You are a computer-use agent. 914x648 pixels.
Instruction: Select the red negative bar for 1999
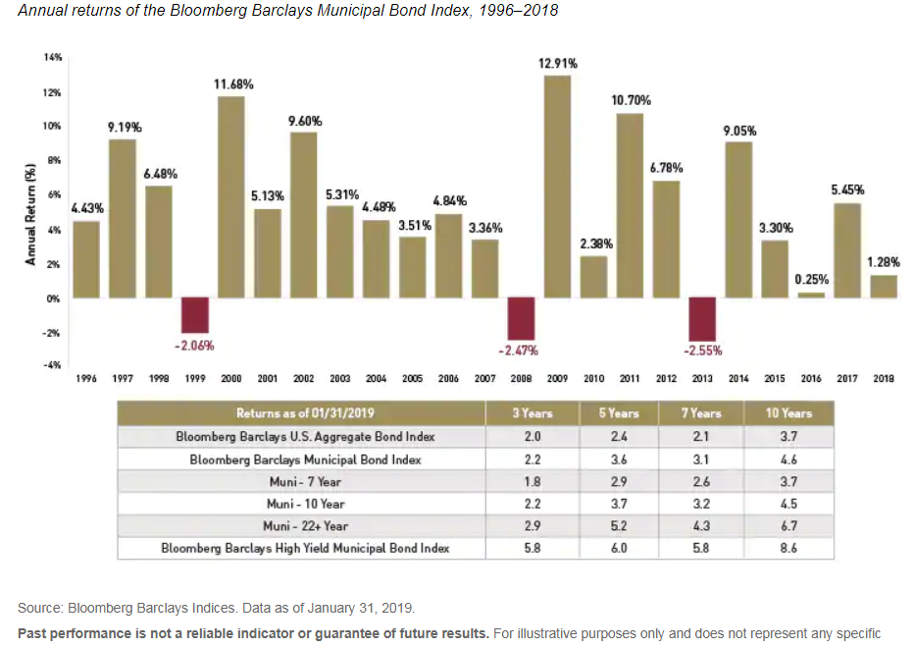195,314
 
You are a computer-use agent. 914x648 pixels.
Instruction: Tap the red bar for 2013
702,318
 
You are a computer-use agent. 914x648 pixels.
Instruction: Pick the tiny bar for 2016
811,295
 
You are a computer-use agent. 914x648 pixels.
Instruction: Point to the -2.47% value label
521,350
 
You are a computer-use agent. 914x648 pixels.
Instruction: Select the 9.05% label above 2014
739,131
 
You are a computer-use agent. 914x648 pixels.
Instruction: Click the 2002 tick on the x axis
303,378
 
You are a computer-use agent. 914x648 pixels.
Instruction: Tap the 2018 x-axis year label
883,378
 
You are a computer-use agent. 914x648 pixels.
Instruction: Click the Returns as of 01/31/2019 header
312,413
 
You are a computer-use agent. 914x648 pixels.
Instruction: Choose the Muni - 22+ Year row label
312,526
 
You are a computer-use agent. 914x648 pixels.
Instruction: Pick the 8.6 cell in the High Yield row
787,549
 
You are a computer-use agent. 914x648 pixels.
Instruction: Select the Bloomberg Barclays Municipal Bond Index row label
312,459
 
